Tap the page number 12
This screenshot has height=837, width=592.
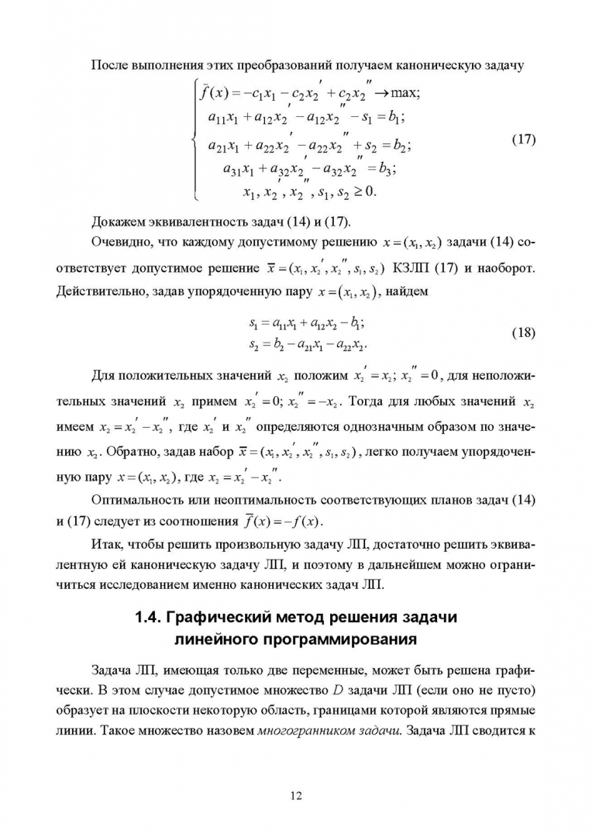point(296,794)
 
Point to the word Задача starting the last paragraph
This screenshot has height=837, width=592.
point(115,667)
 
